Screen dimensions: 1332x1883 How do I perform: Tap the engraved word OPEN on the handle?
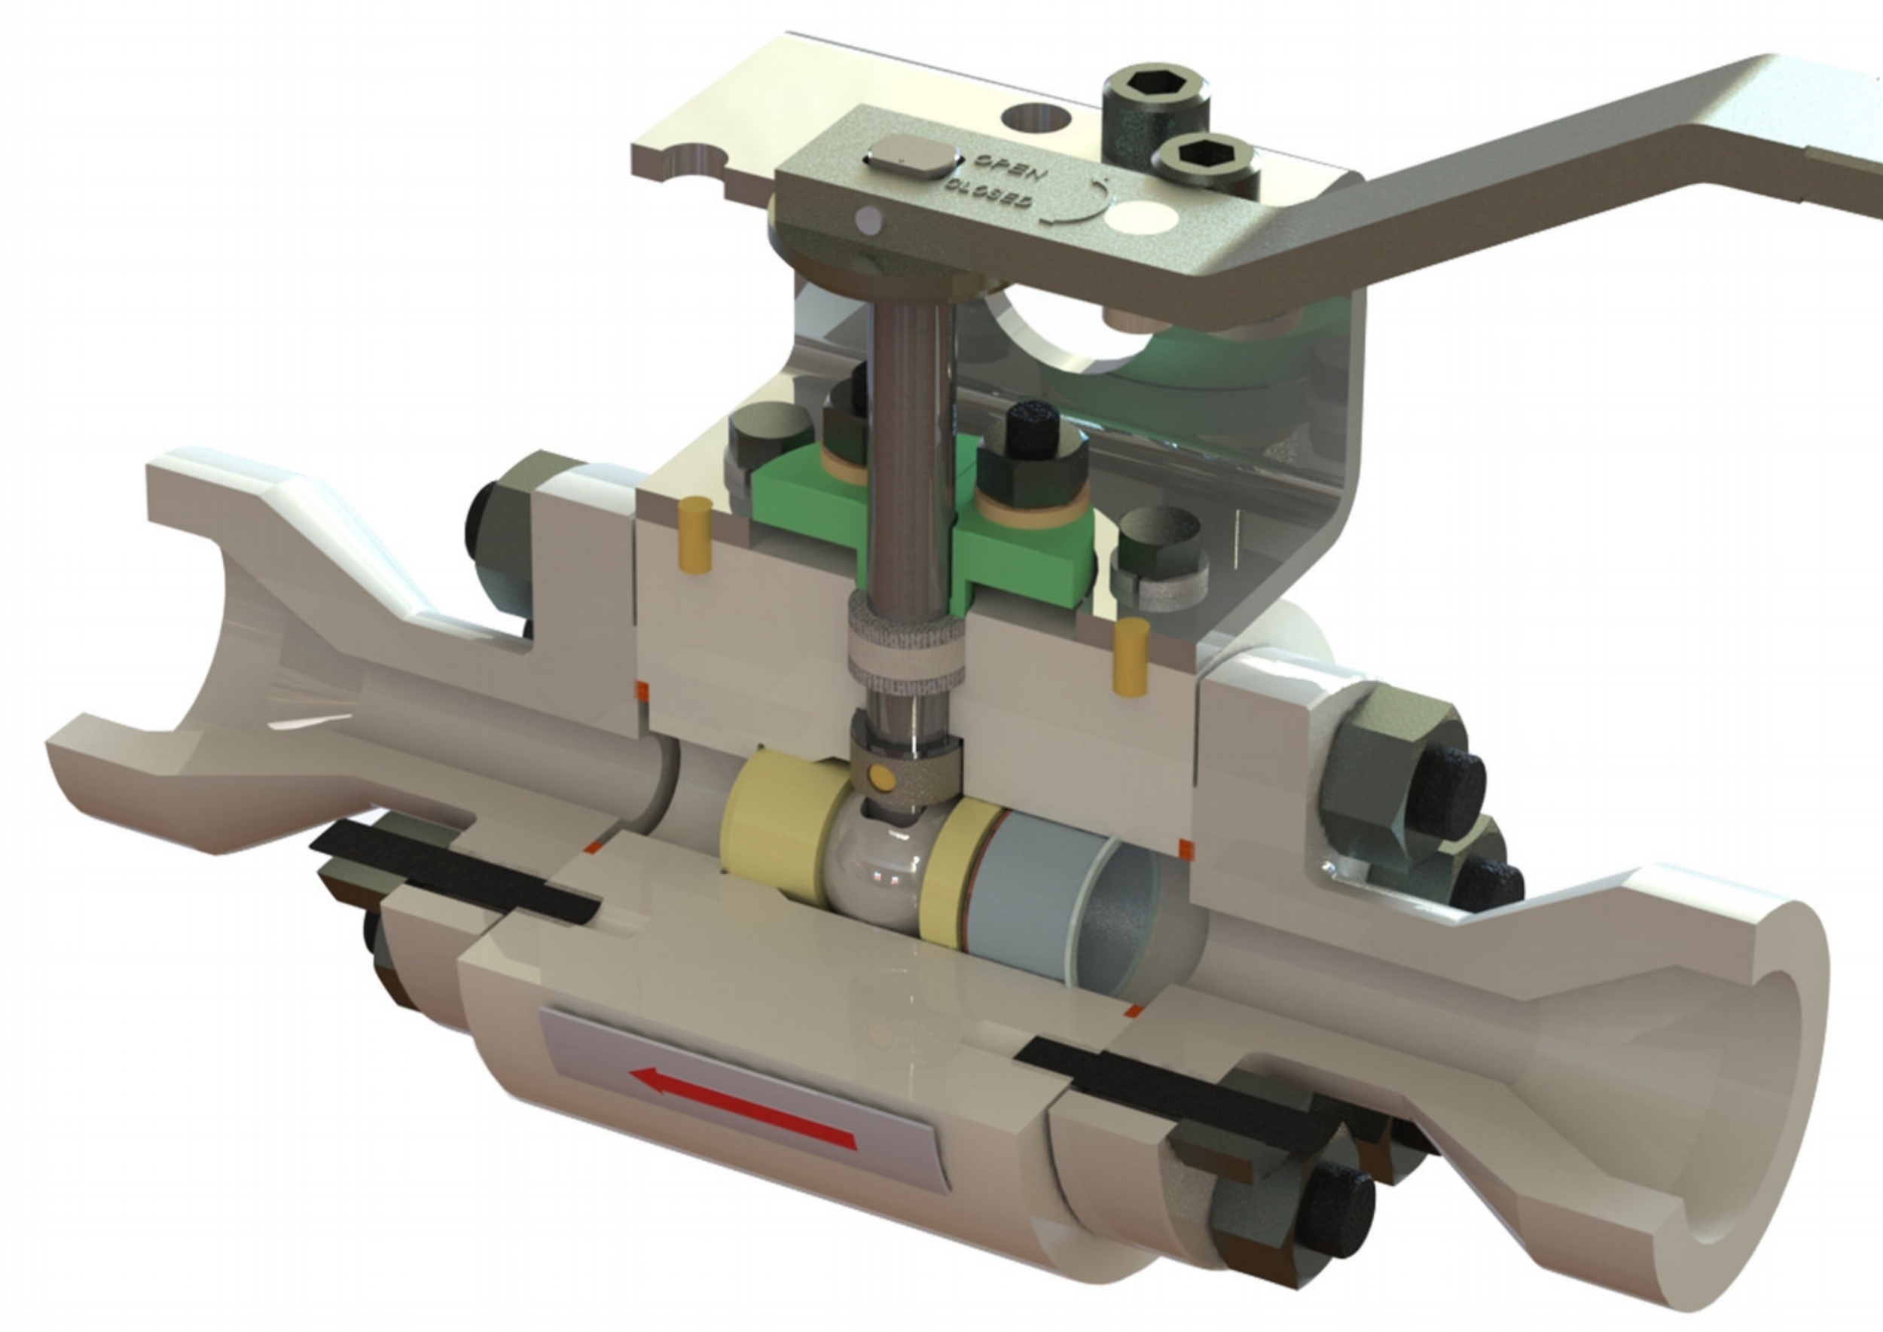[1009, 168]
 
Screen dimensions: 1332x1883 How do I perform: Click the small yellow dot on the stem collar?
[884, 776]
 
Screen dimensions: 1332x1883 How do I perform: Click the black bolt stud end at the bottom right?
[1337, 1214]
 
